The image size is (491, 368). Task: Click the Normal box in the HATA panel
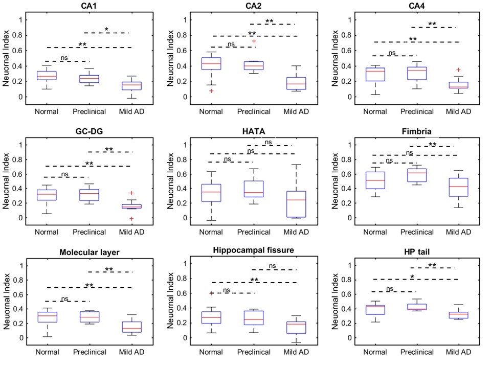(212, 193)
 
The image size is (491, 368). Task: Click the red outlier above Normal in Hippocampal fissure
(212, 293)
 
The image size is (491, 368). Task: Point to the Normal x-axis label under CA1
(47, 111)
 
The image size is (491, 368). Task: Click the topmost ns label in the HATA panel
(268, 142)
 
